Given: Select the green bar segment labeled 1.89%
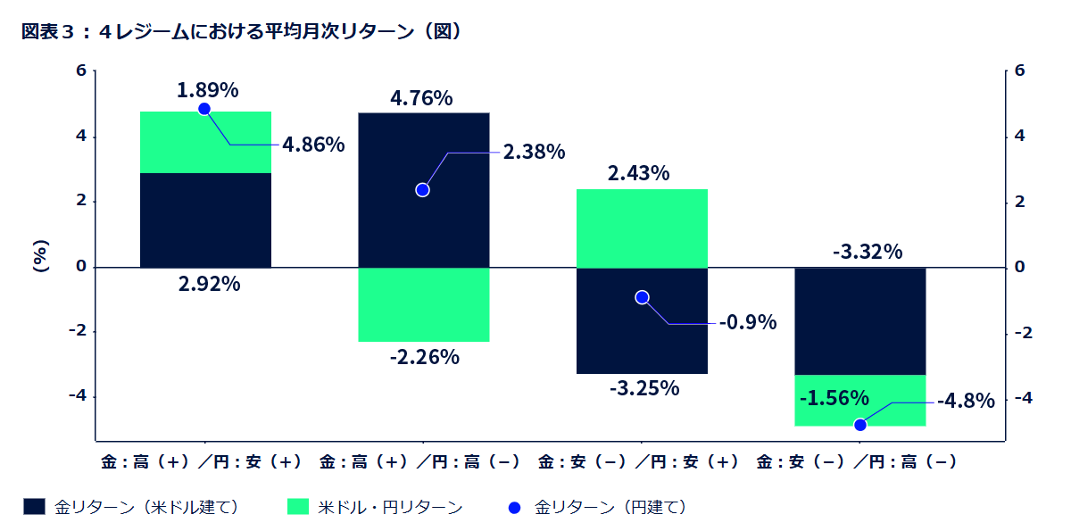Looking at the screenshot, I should tap(205, 142).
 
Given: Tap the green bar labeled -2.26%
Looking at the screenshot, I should tap(423, 304).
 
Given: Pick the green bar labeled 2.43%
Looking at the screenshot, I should tap(642, 228).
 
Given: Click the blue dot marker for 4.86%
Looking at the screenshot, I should tap(204, 109).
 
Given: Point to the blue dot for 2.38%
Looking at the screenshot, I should tap(423, 190).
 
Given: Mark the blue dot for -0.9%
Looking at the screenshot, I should tap(642, 297).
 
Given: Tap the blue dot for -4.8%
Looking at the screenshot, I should tap(860, 425).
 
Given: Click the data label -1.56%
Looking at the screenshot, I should tap(834, 397).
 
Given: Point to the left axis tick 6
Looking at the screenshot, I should tap(81, 71).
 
